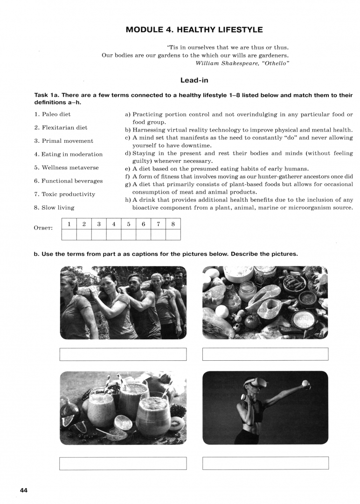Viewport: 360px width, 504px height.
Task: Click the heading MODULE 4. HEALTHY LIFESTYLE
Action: pyautogui.click(x=194, y=30)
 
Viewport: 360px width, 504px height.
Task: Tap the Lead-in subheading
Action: pyautogui.click(x=194, y=80)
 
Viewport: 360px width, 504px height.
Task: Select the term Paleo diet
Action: pyautogui.click(x=53, y=114)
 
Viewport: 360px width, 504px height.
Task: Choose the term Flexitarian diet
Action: pyautogui.click(x=61, y=127)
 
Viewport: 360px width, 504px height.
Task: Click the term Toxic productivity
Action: pyautogui.click(x=64, y=194)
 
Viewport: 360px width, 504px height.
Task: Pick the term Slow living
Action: pyautogui.click(x=54, y=208)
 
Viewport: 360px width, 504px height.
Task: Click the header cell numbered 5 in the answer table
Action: pyautogui.click(x=129, y=224)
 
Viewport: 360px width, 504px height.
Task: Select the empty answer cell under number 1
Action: pyautogui.click(x=69, y=234)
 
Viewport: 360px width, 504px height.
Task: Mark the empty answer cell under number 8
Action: pyautogui.click(x=173, y=234)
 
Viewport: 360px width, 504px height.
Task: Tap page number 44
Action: pyautogui.click(x=24, y=490)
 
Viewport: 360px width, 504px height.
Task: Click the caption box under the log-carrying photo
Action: pyautogui.click(x=123, y=354)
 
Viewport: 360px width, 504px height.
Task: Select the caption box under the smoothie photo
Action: pyautogui.click(x=123, y=463)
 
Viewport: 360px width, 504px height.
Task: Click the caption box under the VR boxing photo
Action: pyautogui.click(x=265, y=463)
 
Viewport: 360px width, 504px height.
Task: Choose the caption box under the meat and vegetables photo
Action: pyautogui.click(x=265, y=354)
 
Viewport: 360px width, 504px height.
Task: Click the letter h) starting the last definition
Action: pyautogui.click(x=128, y=200)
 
